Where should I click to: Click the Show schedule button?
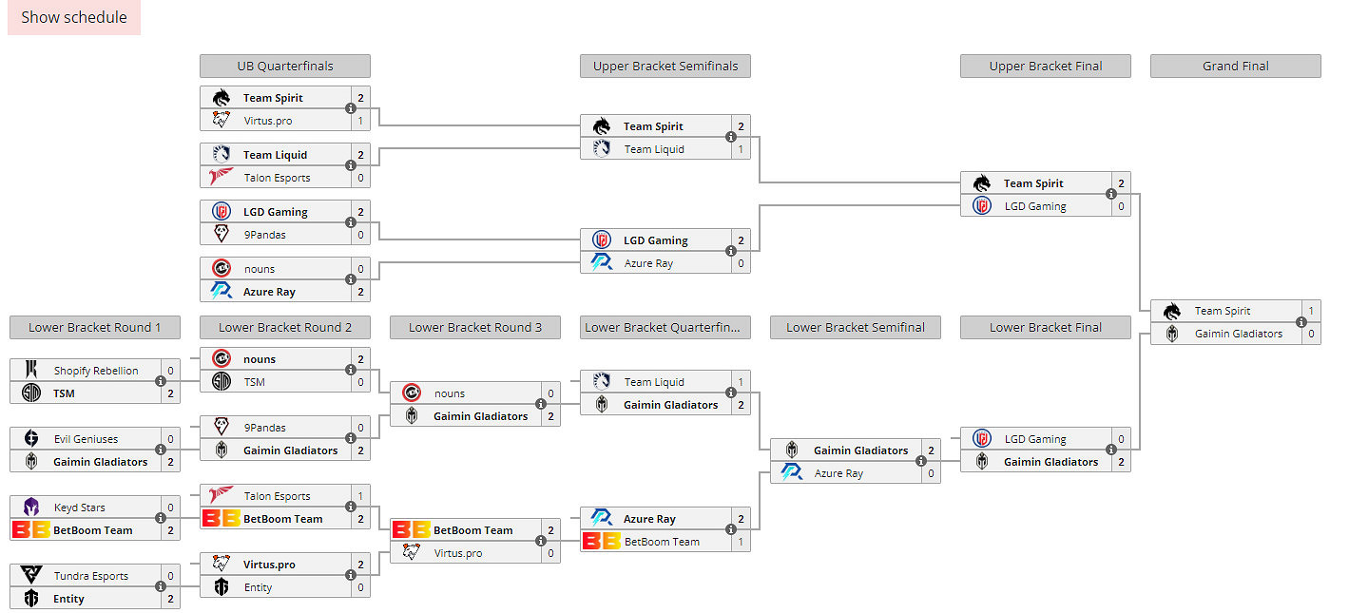click(x=74, y=17)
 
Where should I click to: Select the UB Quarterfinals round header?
click(x=284, y=66)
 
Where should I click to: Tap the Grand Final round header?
click(x=1235, y=66)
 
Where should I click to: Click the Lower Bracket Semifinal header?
click(x=855, y=327)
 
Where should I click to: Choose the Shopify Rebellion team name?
click(x=96, y=371)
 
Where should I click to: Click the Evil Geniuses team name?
click(x=86, y=439)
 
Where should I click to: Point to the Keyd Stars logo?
click(x=31, y=508)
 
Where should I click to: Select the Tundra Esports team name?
click(x=90, y=576)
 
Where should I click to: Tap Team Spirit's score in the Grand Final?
click(x=1311, y=311)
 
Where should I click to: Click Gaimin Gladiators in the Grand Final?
click(x=1238, y=334)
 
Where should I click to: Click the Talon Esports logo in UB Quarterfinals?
click(x=222, y=178)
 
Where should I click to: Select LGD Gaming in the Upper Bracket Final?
click(x=1035, y=206)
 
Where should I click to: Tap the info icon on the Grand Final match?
click(x=1301, y=322)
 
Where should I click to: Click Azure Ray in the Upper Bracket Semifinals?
click(x=648, y=263)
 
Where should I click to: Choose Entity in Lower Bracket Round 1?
click(x=68, y=599)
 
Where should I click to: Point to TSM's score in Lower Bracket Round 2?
click(x=360, y=382)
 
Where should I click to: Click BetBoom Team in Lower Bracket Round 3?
click(x=472, y=530)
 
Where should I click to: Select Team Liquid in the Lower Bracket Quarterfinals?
click(x=654, y=382)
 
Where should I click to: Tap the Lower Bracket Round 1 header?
click(x=94, y=327)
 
